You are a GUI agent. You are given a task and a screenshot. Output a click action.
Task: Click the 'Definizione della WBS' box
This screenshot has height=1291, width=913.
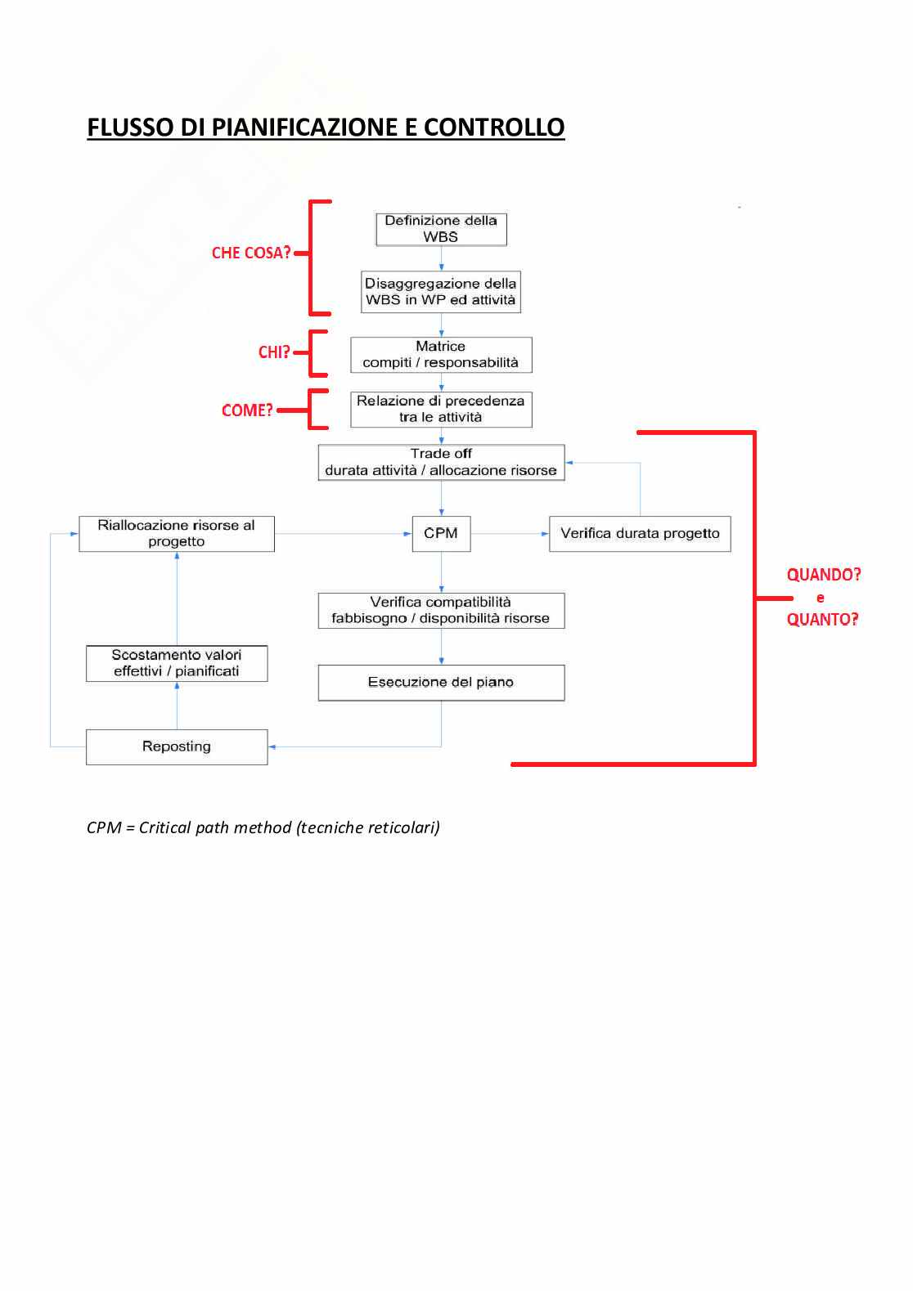click(441, 229)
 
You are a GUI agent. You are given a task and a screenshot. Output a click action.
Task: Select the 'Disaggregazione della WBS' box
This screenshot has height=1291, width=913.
click(441, 292)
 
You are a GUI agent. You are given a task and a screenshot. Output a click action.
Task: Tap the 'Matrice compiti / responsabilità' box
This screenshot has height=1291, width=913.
click(441, 355)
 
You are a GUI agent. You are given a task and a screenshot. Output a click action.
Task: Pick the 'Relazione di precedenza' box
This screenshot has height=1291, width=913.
click(441, 410)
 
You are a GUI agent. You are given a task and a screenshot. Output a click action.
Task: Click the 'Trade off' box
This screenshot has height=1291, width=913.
click(441, 462)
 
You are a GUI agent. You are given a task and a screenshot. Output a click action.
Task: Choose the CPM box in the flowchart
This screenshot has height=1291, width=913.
click(441, 534)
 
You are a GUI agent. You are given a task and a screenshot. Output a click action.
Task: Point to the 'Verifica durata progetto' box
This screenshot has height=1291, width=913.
click(640, 534)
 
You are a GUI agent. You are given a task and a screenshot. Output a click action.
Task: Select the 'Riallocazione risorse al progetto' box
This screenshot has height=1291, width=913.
click(177, 534)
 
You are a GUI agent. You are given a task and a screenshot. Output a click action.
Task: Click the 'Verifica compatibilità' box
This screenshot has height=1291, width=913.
click(441, 611)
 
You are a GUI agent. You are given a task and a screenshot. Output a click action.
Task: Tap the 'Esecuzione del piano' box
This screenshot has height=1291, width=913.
click(441, 683)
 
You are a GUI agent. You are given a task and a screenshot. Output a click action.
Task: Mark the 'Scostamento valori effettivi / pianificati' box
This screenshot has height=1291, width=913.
click(177, 663)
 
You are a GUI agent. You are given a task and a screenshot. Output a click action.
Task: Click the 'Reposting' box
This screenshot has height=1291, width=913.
click(177, 747)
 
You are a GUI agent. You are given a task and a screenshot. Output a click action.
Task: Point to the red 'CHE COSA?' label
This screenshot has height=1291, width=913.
click(251, 253)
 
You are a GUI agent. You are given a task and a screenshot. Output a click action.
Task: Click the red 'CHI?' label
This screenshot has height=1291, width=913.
click(274, 352)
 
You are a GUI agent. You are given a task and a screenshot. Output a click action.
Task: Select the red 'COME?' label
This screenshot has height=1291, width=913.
click(247, 410)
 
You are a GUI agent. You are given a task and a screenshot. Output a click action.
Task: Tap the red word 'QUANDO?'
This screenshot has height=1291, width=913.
click(824, 575)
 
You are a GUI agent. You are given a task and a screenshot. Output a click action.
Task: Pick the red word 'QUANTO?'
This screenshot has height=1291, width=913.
click(822, 620)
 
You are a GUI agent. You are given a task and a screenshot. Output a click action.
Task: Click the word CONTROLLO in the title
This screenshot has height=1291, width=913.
click(494, 128)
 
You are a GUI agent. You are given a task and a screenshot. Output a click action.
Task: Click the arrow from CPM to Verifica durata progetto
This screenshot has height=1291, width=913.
click(510, 534)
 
